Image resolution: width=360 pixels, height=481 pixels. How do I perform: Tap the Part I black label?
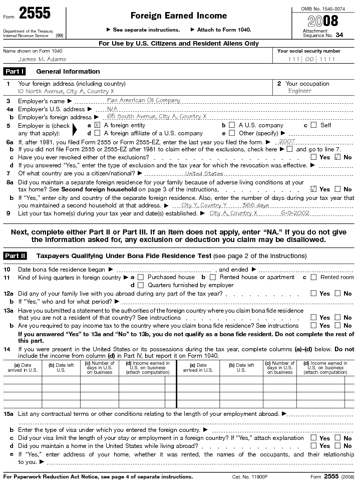(x=15, y=72)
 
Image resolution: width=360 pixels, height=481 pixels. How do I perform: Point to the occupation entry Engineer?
(x=300, y=91)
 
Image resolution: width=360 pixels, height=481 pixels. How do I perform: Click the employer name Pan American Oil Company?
(x=144, y=100)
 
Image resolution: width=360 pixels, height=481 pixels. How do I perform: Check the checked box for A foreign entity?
(x=97, y=125)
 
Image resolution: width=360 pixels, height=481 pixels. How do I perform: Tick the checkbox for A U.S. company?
(x=232, y=125)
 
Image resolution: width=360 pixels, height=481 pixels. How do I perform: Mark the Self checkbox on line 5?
(x=313, y=125)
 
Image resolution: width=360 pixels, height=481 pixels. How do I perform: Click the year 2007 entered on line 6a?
(x=287, y=142)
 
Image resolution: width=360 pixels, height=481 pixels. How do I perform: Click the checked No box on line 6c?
(x=337, y=157)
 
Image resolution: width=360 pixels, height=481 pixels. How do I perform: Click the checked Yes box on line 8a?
(x=313, y=189)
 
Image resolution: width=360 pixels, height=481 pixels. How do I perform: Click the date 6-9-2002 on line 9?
(x=295, y=213)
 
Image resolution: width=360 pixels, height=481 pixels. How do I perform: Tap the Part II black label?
(x=16, y=256)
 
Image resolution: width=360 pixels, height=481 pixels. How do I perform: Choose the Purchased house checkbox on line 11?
(x=141, y=277)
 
